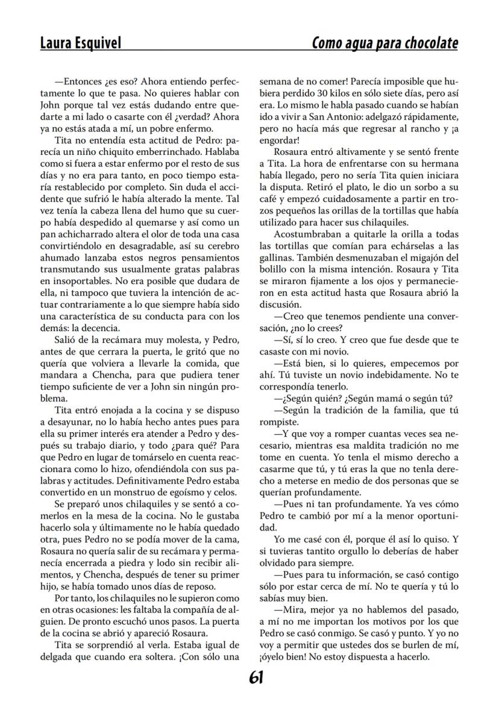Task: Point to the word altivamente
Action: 344,151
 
